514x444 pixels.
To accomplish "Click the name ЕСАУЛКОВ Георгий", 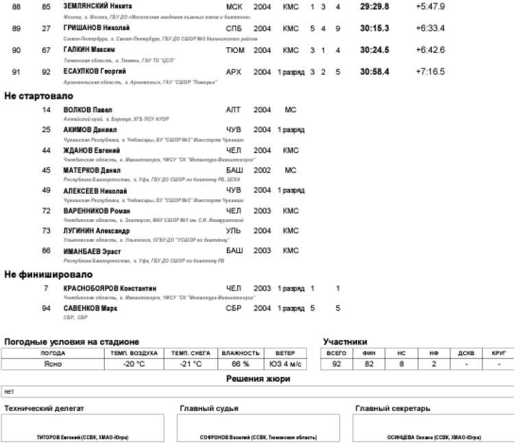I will (95, 71).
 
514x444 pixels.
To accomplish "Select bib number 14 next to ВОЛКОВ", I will (46, 110).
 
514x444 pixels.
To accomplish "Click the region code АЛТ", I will (234, 110).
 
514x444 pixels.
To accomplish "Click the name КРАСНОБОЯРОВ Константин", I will (110, 288).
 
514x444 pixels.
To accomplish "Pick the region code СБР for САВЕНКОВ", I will (234, 308).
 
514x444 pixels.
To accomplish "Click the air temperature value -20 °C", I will (132, 365).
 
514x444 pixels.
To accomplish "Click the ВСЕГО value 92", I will (336, 365).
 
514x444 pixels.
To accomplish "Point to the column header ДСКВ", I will (466, 353).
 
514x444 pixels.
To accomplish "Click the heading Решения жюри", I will (257, 379).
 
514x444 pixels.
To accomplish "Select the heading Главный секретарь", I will (392, 409).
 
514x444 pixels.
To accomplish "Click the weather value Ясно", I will (53, 365).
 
